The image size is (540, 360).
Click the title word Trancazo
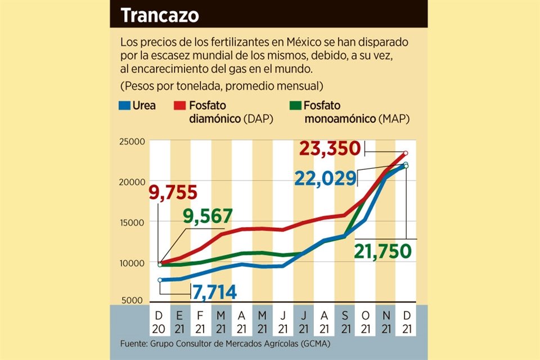pos(160,15)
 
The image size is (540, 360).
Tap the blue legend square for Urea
pos(124,105)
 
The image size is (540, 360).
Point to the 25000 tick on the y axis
pos(133,141)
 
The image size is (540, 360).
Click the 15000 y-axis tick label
pos(133,222)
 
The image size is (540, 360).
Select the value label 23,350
pos(329,148)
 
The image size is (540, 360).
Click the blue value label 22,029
pos(326,178)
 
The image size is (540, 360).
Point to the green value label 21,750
pos(383,251)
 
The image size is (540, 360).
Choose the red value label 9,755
pos(173,193)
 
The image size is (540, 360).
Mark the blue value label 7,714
pos(214,292)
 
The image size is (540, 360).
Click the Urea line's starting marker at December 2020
pos(160,280)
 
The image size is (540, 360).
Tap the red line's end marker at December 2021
pos(406,153)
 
